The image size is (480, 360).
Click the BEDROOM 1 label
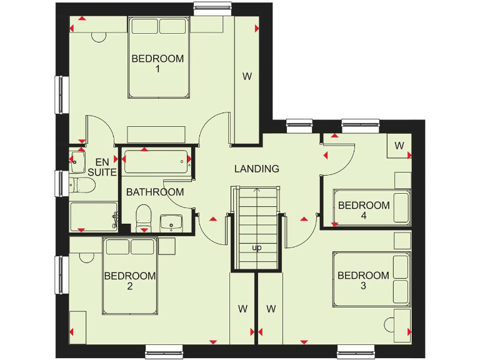click(x=157, y=64)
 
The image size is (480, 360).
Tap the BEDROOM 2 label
click(x=129, y=281)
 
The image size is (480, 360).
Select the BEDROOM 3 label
click(x=363, y=281)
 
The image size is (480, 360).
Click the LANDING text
click(x=256, y=169)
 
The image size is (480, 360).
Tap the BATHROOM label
click(x=155, y=192)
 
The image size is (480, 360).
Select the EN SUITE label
click(x=102, y=167)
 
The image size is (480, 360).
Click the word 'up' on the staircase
click(x=256, y=247)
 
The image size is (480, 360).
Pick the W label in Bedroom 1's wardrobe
click(x=247, y=77)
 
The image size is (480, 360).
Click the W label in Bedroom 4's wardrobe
click(x=399, y=146)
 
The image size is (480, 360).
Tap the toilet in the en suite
click(x=81, y=184)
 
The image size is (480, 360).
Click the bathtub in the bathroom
click(x=157, y=162)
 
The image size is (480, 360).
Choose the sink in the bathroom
click(x=171, y=222)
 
